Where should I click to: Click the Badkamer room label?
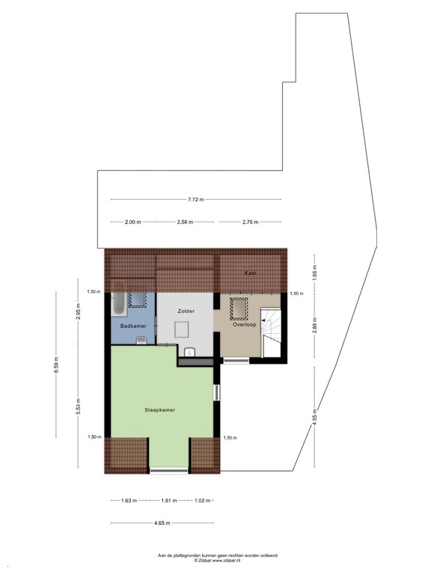(133, 326)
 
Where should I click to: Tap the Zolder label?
(186, 311)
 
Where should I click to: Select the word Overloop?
(245, 324)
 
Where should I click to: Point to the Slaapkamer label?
(160, 410)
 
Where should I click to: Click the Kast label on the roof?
(251, 273)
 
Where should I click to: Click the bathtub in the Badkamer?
(119, 305)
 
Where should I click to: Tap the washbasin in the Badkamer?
(141, 341)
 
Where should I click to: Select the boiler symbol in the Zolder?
(190, 352)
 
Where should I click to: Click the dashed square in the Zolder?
(181, 329)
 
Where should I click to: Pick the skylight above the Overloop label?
(239, 308)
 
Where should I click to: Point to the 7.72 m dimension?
(196, 199)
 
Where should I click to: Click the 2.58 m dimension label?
(185, 222)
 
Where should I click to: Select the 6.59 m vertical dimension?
(56, 365)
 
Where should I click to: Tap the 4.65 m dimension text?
(162, 523)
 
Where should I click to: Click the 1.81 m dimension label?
(169, 500)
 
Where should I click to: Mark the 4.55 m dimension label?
(314, 417)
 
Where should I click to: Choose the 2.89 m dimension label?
(314, 324)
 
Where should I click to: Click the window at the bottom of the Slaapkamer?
(169, 470)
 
